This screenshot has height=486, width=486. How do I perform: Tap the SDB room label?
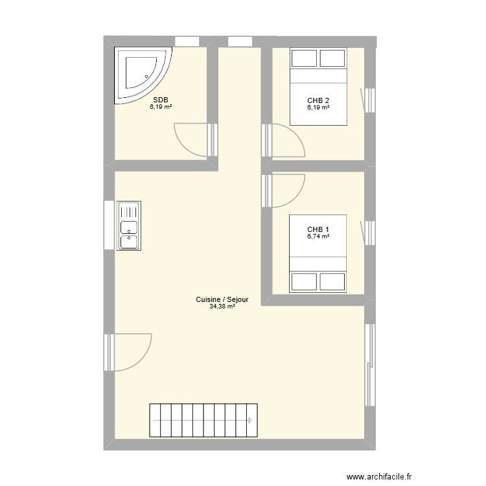(161, 100)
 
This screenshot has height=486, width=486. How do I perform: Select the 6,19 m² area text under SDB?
(161, 107)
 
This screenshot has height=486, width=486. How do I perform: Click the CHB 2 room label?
(318, 100)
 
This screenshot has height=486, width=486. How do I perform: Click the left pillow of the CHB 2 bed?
(303, 58)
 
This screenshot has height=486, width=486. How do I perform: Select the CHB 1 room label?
(318, 229)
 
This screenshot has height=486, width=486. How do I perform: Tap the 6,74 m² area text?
(318, 237)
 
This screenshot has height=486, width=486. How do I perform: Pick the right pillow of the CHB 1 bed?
(332, 281)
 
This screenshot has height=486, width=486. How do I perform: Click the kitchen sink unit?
(129, 226)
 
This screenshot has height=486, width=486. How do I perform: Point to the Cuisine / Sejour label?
(222, 299)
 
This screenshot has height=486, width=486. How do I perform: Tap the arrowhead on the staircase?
(250, 421)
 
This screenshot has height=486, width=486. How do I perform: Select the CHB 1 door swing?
(285, 188)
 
